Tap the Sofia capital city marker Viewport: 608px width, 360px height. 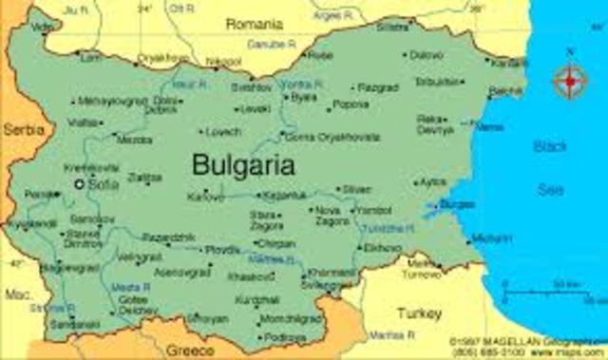point(80,184)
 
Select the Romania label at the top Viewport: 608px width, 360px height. point(255,22)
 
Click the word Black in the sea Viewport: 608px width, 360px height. point(551,146)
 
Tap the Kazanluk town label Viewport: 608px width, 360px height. point(284,195)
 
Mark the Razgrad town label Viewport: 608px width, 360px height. point(378,87)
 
